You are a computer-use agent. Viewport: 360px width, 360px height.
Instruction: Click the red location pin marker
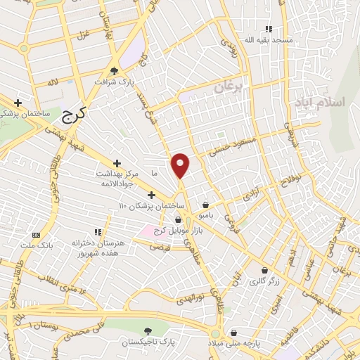pos(181,165)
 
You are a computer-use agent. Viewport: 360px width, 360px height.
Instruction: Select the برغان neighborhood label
pos(227,88)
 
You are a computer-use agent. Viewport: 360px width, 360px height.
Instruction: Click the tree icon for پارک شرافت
pos(115,70)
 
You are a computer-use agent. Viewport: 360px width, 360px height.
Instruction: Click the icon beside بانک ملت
pos(37,234)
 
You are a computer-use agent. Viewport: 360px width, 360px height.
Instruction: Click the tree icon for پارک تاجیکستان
pos(147,330)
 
